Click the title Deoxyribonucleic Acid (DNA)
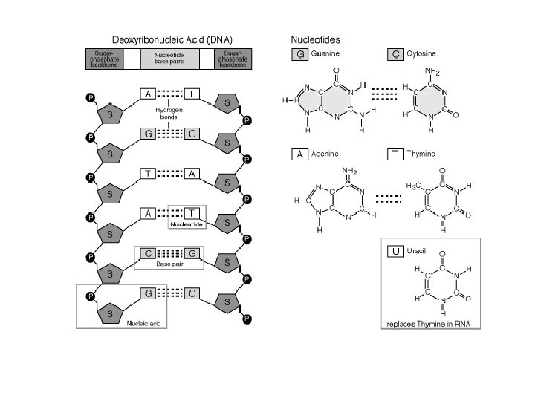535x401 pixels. (172, 40)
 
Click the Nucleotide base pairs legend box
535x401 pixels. (169, 59)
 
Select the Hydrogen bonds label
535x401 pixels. (169, 113)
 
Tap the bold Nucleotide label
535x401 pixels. (187, 224)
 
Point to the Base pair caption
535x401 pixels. (169, 264)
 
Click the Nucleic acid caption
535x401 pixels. (143, 323)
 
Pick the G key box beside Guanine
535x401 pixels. (300, 54)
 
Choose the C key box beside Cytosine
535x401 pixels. (395, 54)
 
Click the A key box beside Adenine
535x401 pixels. (300, 154)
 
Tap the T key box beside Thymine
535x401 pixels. (395, 154)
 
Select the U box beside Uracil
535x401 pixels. (395, 251)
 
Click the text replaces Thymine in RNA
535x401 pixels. (428, 324)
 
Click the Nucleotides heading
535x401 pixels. (315, 40)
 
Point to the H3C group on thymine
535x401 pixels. (413, 186)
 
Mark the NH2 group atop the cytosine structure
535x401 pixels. (432, 71)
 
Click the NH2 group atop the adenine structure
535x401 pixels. (349, 171)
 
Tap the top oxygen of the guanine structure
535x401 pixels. (336, 71)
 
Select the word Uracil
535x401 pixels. (416, 251)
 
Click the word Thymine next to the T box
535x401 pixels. (421, 154)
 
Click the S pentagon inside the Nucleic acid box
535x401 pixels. (110, 313)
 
